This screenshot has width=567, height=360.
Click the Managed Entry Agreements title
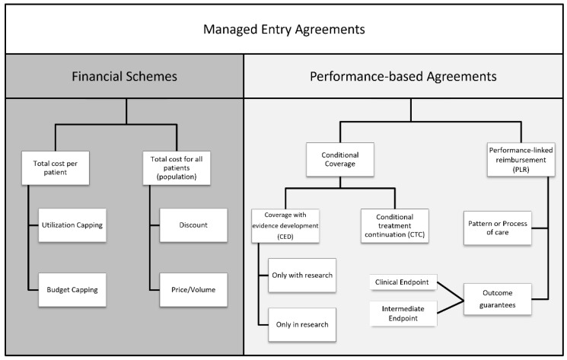point(284,29)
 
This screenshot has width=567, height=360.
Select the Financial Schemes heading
point(124,77)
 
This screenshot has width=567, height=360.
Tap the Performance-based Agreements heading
point(403,77)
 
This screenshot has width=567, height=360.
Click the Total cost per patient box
point(56,168)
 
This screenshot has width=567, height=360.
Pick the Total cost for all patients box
point(177,168)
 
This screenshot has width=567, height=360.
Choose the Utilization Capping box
point(72,225)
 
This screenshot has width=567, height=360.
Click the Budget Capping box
point(72,290)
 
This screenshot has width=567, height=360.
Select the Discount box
point(193,225)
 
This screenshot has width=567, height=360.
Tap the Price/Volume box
point(193,290)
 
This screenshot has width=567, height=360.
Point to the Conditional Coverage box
point(340,159)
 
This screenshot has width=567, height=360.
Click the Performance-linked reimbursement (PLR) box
point(521,159)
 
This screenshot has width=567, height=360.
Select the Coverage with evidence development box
point(285,225)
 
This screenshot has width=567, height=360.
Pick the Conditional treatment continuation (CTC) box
point(395,225)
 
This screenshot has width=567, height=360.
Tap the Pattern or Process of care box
point(498,228)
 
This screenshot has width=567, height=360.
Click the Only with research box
point(302,276)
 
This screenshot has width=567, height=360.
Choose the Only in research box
point(302,324)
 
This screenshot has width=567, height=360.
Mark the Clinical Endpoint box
point(403,282)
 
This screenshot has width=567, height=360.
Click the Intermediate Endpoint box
point(403,314)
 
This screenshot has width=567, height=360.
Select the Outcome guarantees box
point(498,299)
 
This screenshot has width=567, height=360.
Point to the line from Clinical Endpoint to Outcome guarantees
point(451,291)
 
